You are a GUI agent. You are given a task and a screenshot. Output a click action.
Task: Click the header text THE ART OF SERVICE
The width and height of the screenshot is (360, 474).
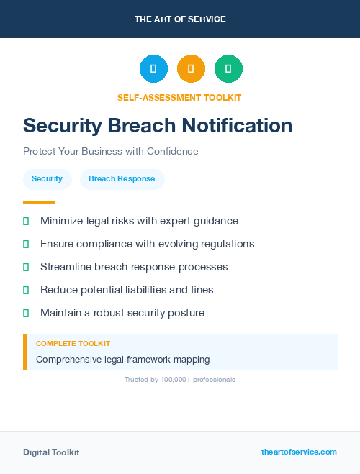click(x=180, y=19)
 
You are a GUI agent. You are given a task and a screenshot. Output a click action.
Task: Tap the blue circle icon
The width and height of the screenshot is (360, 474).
click(x=153, y=69)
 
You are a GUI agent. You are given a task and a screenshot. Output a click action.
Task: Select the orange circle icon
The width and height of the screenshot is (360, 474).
click(x=191, y=69)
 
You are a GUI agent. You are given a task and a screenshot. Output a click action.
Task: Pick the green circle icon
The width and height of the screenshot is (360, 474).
click(x=228, y=69)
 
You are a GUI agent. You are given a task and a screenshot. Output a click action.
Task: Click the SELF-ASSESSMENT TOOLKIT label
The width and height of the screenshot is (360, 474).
click(x=179, y=97)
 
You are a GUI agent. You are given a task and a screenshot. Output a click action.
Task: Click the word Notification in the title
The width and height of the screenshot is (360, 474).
click(x=237, y=126)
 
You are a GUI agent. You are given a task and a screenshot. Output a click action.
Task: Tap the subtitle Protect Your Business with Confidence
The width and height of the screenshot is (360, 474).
click(x=110, y=152)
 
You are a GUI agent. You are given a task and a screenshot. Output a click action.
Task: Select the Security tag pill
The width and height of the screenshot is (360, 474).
click(x=47, y=178)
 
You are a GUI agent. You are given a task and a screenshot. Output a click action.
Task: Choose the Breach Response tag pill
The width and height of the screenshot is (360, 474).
click(x=122, y=178)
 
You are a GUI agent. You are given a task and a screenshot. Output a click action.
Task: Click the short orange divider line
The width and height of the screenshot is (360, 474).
click(x=39, y=202)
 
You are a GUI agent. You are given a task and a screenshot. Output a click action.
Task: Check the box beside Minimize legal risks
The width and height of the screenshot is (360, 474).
click(x=26, y=221)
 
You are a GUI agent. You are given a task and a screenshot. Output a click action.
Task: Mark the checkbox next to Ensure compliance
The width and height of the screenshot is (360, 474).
click(x=26, y=244)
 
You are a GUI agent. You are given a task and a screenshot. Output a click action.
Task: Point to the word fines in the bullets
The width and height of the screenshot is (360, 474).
click(x=200, y=290)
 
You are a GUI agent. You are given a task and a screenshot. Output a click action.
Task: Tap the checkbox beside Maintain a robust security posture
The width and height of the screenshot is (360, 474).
click(x=26, y=313)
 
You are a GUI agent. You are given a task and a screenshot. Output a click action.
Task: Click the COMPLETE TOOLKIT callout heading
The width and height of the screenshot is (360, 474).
click(x=73, y=344)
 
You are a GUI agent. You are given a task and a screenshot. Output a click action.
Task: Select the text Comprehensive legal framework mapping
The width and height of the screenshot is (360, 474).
click(x=122, y=359)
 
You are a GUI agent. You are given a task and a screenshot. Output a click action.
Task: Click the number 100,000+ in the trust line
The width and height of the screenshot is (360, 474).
click(x=176, y=380)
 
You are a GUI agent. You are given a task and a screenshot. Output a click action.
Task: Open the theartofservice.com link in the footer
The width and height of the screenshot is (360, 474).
click(x=299, y=452)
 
